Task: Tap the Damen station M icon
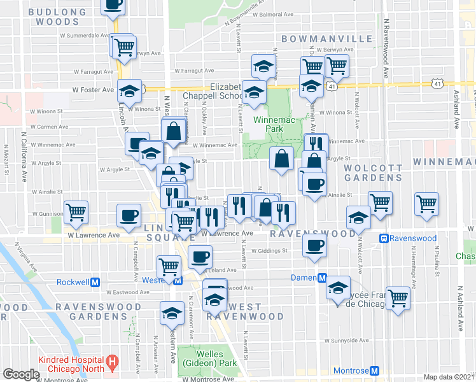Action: tap(323, 278)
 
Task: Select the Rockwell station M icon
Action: tap(95, 281)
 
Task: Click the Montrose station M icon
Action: tap(374, 371)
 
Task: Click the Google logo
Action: tap(21, 374)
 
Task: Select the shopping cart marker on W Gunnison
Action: tap(76, 211)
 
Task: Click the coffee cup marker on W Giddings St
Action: tap(313, 244)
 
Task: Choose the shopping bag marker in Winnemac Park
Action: tap(282, 158)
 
